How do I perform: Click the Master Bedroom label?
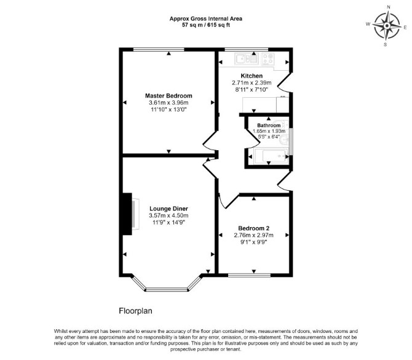click(168, 96)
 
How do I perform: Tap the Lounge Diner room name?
click(168, 209)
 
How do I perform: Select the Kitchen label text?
click(252, 76)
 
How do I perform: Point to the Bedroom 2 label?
click(254, 228)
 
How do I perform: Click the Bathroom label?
click(269, 126)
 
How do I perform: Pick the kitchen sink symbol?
click(246, 58)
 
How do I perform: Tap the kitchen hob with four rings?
click(268, 58)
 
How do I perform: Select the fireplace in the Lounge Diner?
click(130, 214)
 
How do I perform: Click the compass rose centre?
click(387, 26)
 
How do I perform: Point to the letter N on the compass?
click(389, 7)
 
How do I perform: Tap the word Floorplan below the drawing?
click(135, 311)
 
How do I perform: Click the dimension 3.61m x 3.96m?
click(168, 103)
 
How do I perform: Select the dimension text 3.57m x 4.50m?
click(168, 215)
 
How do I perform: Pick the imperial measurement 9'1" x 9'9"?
click(254, 242)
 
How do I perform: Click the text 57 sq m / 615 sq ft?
click(206, 25)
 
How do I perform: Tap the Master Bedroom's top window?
click(159, 49)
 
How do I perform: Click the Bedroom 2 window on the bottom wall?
click(249, 275)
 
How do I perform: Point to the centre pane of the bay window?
click(167, 289)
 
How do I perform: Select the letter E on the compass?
click(405, 27)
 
